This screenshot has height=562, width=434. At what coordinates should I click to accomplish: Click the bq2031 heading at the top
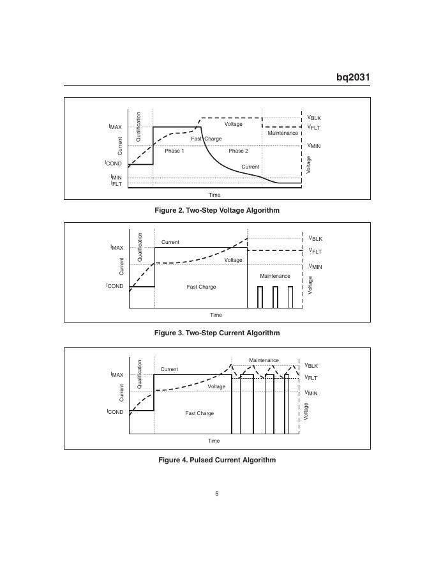(x=353, y=77)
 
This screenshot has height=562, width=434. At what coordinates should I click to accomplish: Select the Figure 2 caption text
(x=216, y=210)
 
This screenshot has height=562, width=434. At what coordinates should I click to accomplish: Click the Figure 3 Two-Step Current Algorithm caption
(x=216, y=333)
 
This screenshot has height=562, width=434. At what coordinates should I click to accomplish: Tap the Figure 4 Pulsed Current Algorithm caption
(x=216, y=460)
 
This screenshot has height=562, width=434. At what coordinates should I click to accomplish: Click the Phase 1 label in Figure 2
(x=174, y=151)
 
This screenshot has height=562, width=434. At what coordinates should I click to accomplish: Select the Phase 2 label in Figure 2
(x=238, y=151)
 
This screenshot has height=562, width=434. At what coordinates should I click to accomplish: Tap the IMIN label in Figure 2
(x=116, y=177)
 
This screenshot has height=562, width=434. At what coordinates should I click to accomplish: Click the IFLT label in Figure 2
(x=116, y=184)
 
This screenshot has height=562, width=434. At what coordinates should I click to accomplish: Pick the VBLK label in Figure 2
(x=314, y=118)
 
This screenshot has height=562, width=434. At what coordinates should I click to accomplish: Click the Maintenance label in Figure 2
(x=282, y=133)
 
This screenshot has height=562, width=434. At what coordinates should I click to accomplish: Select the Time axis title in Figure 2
(x=214, y=195)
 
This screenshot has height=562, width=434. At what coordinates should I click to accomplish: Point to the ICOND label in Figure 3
(x=115, y=286)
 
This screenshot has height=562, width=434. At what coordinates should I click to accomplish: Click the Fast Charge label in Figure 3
(x=201, y=287)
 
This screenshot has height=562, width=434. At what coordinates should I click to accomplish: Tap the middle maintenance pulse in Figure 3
(x=275, y=297)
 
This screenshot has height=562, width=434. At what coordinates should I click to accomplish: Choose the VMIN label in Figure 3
(x=315, y=266)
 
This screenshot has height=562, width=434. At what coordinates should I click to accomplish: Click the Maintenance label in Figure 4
(x=264, y=360)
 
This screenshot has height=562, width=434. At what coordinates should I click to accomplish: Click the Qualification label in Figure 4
(x=140, y=374)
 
